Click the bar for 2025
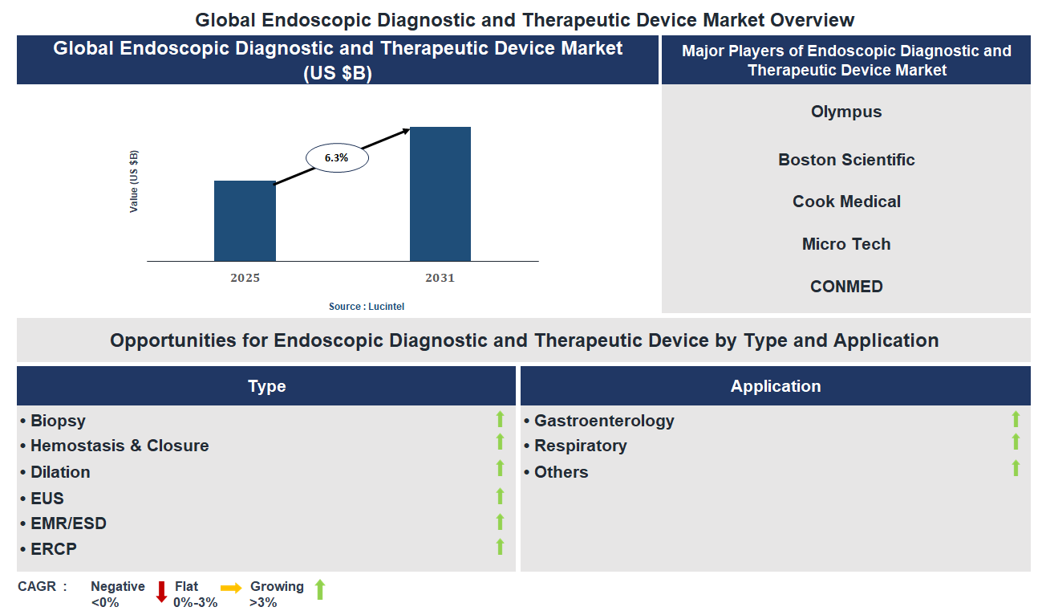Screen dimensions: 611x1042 pyautogui.click(x=245, y=221)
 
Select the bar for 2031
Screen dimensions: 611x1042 pyautogui.click(x=440, y=193)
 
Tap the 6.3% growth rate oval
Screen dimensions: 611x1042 pyautogui.click(x=337, y=158)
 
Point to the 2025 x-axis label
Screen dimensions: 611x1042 pyautogui.click(x=245, y=278)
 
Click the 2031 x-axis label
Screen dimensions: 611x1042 pyautogui.click(x=440, y=278)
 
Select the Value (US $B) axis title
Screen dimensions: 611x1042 pyautogui.click(x=134, y=181)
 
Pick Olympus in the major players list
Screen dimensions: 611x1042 pyautogui.click(x=846, y=112)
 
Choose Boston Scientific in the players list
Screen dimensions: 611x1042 pyautogui.click(x=846, y=160)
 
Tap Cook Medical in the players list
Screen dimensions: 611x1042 pyautogui.click(x=846, y=202)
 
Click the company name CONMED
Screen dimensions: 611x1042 pyautogui.click(x=846, y=287)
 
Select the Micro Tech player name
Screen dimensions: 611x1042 pyautogui.click(x=846, y=244)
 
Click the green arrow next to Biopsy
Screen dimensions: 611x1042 pyautogui.click(x=500, y=419)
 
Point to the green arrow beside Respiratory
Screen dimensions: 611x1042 pyautogui.click(x=1016, y=442)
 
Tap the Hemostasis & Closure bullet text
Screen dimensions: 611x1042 pyautogui.click(x=120, y=446)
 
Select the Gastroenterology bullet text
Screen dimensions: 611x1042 pyautogui.click(x=604, y=421)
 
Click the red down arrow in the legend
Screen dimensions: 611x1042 pyautogui.click(x=161, y=592)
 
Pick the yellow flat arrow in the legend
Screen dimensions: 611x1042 pyautogui.click(x=231, y=589)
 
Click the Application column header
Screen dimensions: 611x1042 pyautogui.click(x=775, y=386)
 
